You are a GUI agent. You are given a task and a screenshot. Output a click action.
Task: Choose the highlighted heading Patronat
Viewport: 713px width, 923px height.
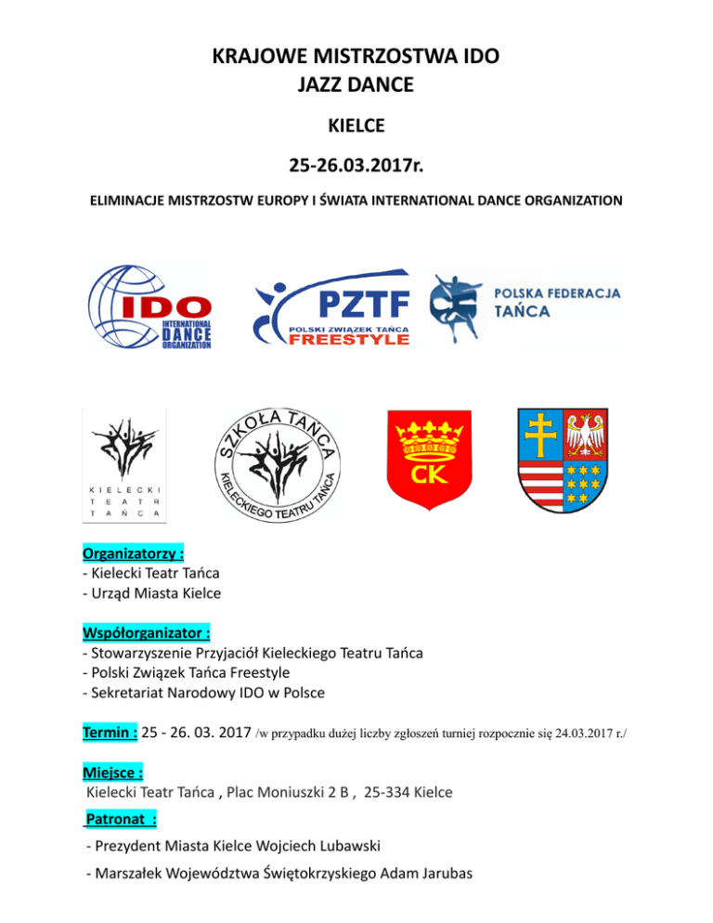(x=120, y=820)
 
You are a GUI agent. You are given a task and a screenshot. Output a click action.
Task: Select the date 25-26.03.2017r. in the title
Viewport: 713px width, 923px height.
(x=356, y=168)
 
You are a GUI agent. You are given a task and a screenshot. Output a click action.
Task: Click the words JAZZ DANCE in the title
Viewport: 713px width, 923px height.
(x=356, y=85)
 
